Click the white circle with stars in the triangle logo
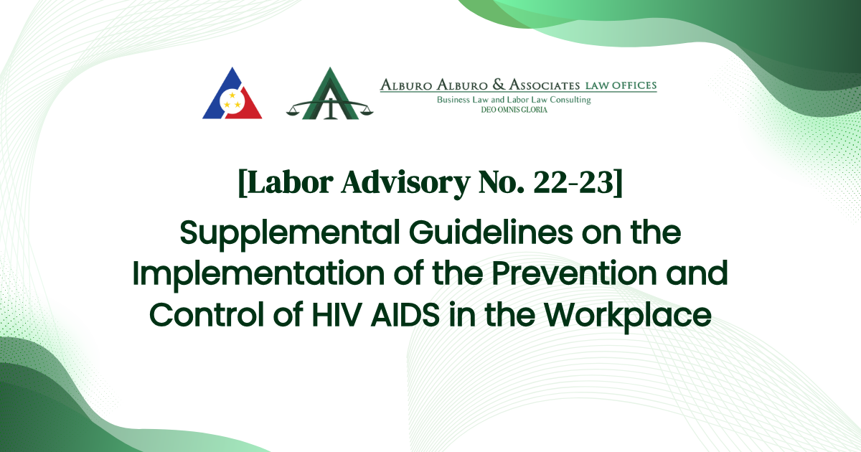(232, 100)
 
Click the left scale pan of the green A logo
(296, 111)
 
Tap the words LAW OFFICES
(621, 86)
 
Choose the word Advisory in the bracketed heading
(395, 185)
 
